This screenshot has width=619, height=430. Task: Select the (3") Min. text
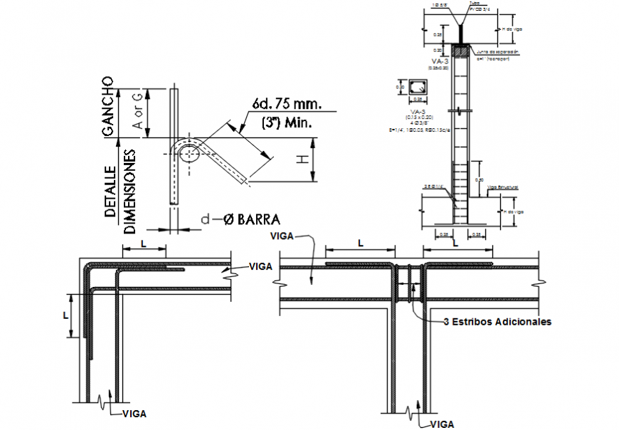point(287,122)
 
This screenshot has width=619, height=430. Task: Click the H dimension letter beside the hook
point(302,161)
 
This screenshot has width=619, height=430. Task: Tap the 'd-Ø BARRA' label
point(239,219)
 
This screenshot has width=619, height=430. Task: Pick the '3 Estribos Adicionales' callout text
point(497,322)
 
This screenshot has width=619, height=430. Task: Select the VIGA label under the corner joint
point(135,413)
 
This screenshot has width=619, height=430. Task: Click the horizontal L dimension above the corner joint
point(144,244)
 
